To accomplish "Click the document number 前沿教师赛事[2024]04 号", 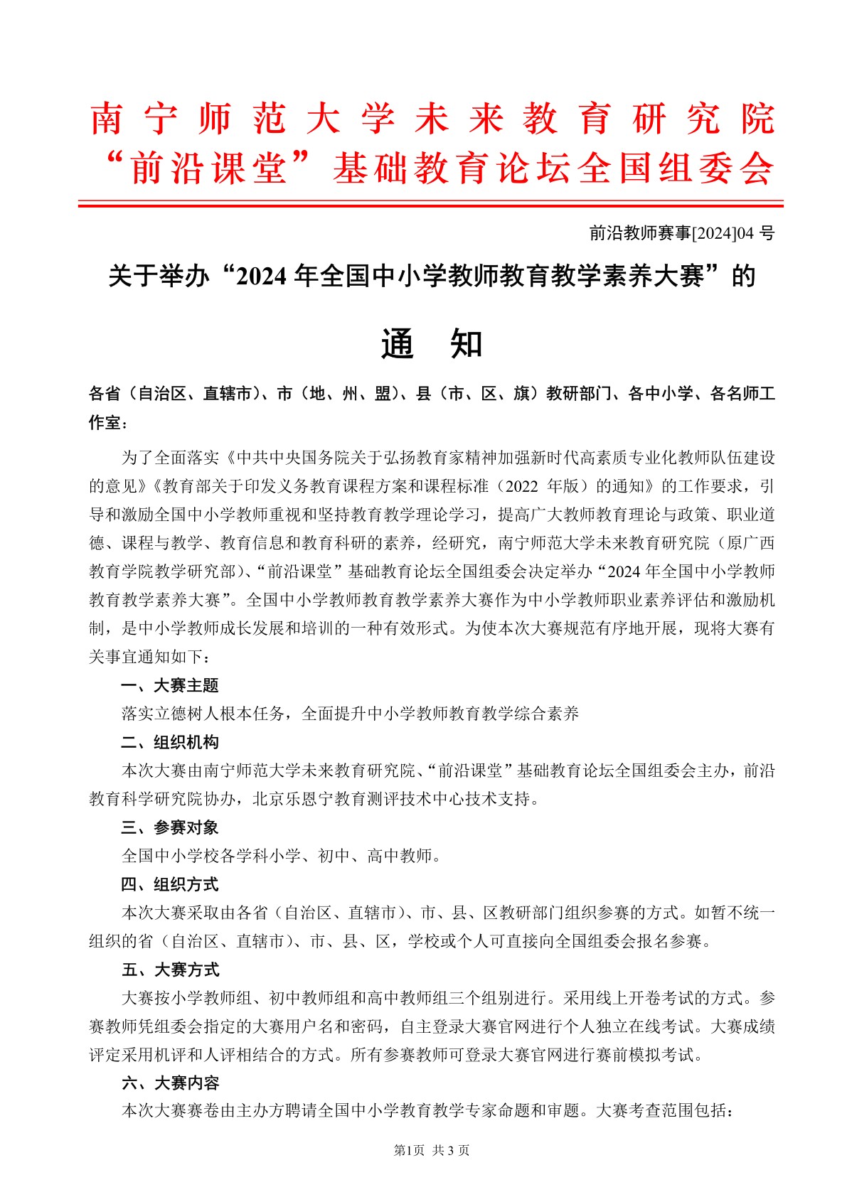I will pos(681,232).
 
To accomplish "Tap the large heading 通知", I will pos(432,344).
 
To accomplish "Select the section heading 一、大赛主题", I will pos(170,685).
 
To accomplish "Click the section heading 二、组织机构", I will pos(170,742).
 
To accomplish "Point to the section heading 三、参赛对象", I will pos(170,827).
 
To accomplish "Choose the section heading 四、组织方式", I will pos(170,884).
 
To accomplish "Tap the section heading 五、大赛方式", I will pos(170,970).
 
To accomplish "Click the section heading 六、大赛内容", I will pos(170,1083).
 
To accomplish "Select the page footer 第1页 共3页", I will pos(432,1150).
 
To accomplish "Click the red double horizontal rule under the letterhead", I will pos(430,205).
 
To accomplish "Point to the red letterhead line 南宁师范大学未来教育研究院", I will pos(432,119).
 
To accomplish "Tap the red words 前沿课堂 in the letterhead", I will pos(208,168).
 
